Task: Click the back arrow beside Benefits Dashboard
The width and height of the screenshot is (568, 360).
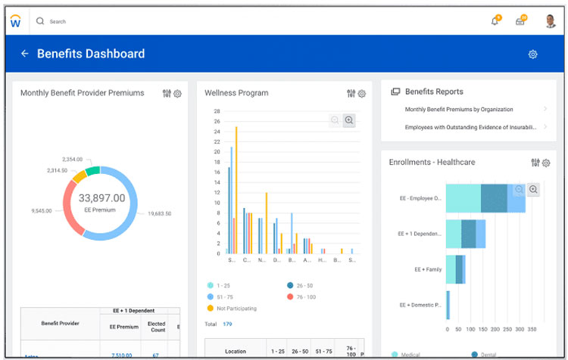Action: pos(24,54)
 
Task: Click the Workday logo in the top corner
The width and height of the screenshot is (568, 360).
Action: pos(15,21)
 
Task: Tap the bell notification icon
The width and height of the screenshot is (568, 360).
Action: pos(495,21)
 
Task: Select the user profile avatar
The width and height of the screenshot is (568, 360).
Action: pos(551,21)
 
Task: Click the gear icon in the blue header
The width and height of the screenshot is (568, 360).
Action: pos(532,54)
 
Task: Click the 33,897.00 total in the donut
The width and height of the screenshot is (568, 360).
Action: pos(101,198)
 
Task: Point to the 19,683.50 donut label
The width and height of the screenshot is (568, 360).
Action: pos(159,214)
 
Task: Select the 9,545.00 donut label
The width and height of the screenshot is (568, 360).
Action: pos(42,210)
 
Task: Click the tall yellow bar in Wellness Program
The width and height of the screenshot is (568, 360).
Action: pos(236,189)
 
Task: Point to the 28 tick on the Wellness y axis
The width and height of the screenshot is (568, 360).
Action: pos(217,111)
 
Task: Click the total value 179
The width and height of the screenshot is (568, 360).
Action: pos(227,324)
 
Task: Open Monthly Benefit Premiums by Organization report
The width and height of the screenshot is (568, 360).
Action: pos(459,110)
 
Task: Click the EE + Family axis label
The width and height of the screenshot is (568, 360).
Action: pos(428,269)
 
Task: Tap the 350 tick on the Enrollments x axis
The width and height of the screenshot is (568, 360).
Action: pos(532,330)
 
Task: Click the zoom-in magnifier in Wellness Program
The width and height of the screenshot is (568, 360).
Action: pos(349,120)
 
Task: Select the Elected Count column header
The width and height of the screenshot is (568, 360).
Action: pos(157,327)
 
